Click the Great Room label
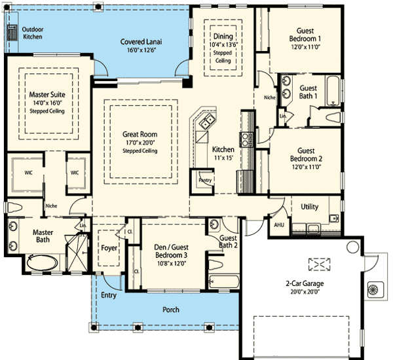pos(140,134)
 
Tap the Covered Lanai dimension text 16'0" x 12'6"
pos(141,50)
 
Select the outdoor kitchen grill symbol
pos(12,33)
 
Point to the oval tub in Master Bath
pos(42,262)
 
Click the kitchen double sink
pos(208,121)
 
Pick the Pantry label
pos(205,180)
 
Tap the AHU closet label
pos(279,225)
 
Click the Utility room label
pos(310,207)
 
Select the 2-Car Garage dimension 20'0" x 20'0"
pos(305,292)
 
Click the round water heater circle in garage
pos(352,247)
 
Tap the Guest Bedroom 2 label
pos(306,154)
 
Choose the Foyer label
pos(109,248)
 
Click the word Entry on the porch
pos(109,295)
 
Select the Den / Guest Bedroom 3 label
pos(171,251)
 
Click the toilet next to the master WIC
pos(14,207)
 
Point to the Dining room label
pos(223,36)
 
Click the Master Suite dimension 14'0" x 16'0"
pos(47,103)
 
